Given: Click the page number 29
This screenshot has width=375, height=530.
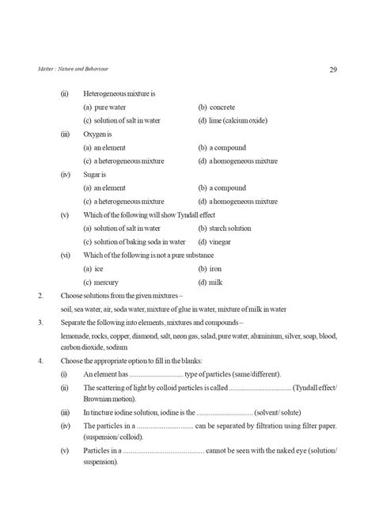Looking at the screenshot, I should [333, 70].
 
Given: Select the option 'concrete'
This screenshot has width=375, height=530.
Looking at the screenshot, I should [222, 107].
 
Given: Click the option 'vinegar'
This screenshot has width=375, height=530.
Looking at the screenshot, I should [222, 242].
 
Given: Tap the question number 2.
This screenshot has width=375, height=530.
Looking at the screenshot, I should [40, 296].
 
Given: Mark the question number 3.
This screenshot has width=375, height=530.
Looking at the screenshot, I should [40, 324].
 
